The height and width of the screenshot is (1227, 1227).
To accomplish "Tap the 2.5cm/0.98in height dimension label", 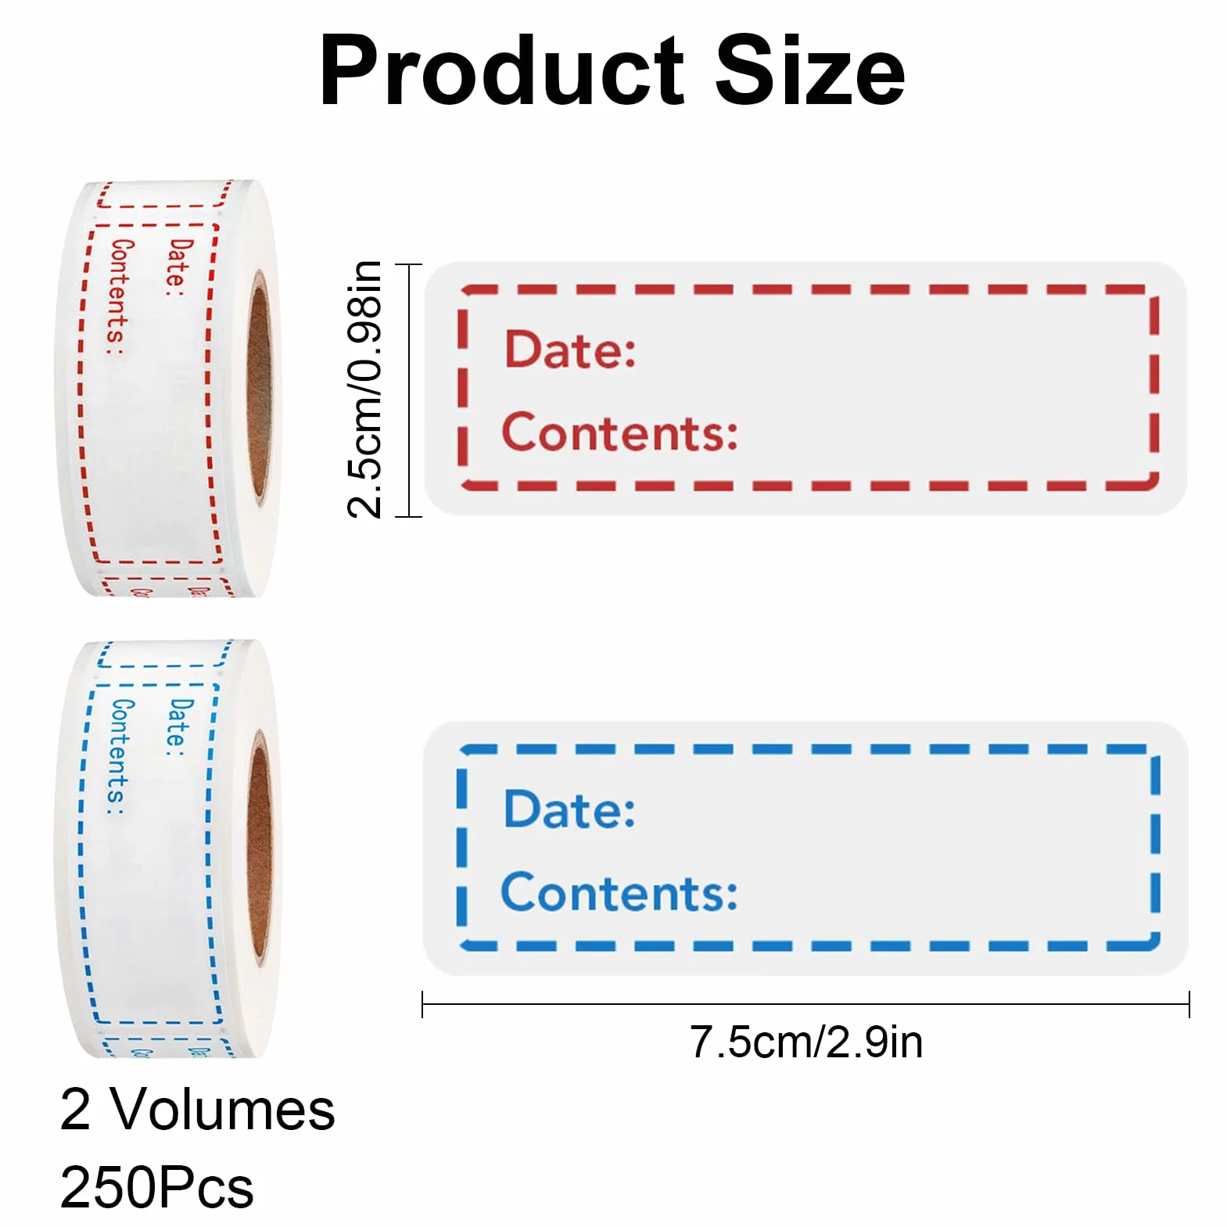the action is tap(364, 389).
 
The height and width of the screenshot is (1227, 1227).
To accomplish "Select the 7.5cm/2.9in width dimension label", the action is tap(805, 1042).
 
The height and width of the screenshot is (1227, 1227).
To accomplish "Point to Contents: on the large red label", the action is tap(619, 432).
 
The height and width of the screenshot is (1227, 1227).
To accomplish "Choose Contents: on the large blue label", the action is tap(619, 892).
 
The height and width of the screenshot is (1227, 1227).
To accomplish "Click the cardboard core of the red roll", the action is tap(260, 386).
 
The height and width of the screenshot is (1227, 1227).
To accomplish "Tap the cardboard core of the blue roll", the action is tap(260, 846).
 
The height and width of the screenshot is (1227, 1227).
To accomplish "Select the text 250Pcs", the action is tap(156, 1187).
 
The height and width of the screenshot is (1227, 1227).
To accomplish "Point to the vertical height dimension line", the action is tap(408, 390).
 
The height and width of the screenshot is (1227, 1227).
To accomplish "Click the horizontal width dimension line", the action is tap(805, 1004).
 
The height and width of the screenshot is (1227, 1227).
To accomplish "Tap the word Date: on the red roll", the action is tap(179, 267).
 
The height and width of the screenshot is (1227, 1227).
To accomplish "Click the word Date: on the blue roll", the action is tap(179, 727).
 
